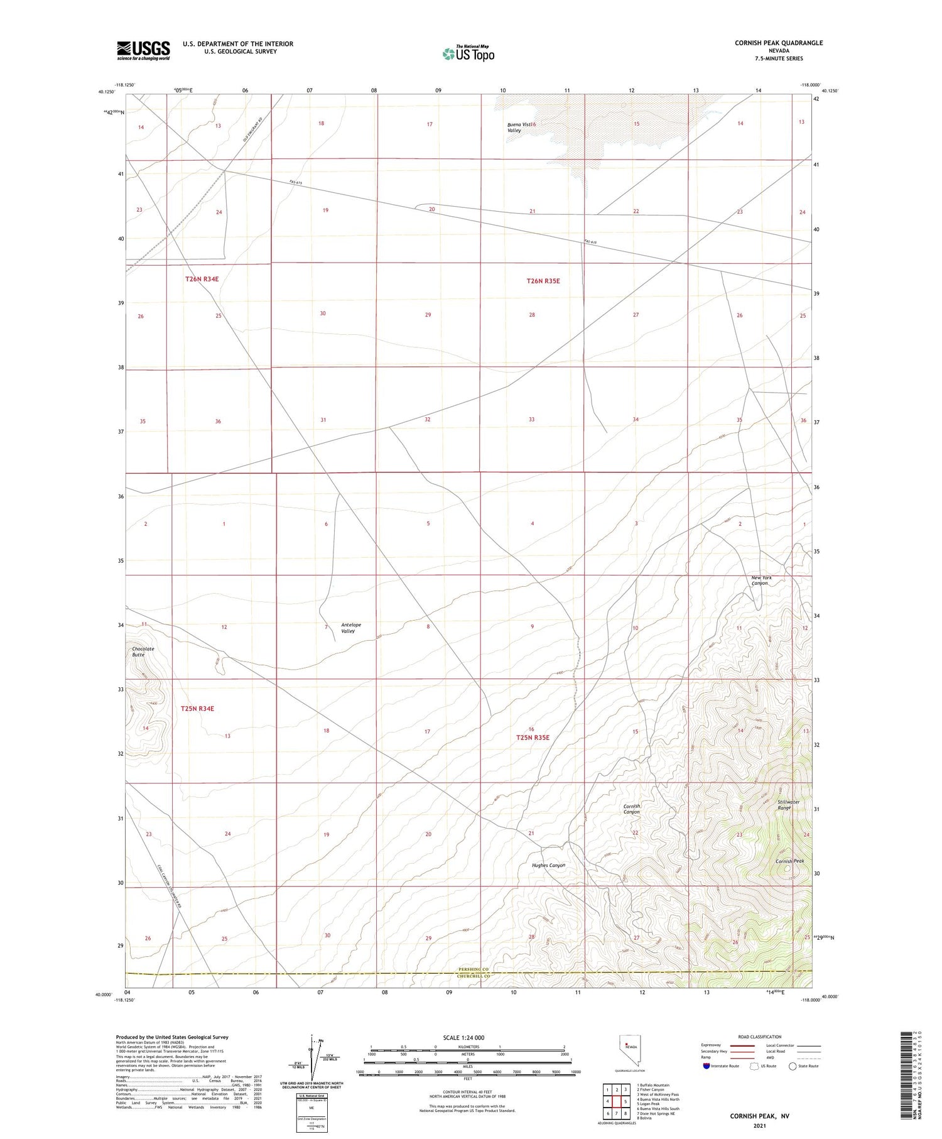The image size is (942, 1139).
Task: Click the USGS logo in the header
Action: [x=143, y=50]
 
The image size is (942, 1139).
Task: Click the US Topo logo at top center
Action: [x=468, y=53]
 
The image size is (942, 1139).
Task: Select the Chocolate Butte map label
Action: [x=143, y=651]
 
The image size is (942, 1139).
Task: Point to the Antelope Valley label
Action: [x=350, y=628]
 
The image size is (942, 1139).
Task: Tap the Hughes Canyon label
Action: [x=548, y=865]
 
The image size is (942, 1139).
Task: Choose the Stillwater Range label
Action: [x=788, y=804]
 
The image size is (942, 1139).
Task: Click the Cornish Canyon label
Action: [x=632, y=809]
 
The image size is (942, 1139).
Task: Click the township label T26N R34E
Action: [x=202, y=278]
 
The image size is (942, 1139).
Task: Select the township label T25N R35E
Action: [x=533, y=737]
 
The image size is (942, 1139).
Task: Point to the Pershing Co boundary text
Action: [x=472, y=969]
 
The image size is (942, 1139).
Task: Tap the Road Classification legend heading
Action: [x=759, y=1037]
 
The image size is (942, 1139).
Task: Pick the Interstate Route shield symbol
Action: [x=706, y=1065]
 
